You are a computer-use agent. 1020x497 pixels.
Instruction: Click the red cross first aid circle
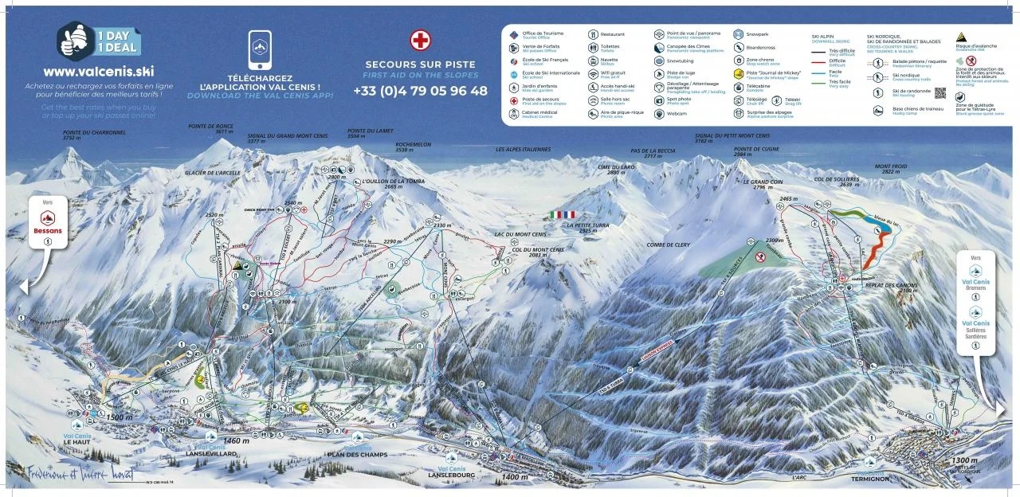click(x=420, y=41)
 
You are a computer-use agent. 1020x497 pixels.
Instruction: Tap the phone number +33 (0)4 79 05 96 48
click(x=420, y=91)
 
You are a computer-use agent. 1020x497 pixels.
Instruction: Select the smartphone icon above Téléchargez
click(x=260, y=49)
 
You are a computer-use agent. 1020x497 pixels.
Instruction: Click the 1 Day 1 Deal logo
click(x=99, y=40)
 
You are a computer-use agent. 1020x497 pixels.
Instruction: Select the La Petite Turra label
click(x=588, y=225)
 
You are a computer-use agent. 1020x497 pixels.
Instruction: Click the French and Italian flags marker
click(x=562, y=214)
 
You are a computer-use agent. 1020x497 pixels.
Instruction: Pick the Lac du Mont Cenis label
click(x=520, y=234)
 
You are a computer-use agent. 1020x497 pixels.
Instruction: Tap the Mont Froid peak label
click(x=890, y=169)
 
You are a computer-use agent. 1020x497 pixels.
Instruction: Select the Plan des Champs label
click(x=356, y=454)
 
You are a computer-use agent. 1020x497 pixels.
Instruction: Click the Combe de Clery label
click(x=668, y=245)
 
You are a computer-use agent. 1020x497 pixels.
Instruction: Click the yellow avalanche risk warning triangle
click(x=962, y=37)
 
